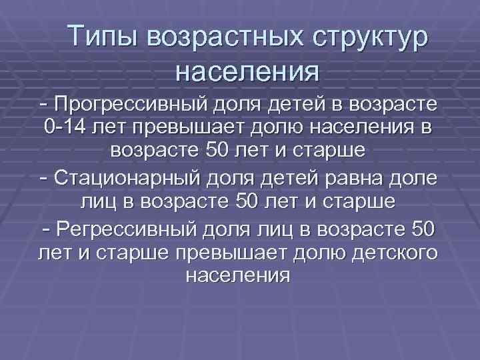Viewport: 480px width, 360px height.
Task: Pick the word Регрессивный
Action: [x=127, y=231]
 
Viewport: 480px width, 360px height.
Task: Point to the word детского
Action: [x=388, y=253]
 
